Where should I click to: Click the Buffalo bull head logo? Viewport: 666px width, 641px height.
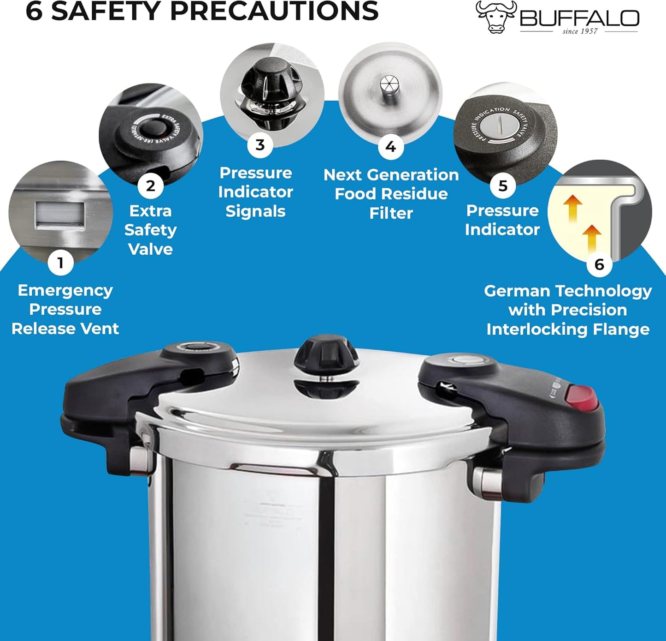(495, 17)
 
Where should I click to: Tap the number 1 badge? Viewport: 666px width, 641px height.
(60, 263)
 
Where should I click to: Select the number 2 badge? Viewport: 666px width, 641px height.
(150, 186)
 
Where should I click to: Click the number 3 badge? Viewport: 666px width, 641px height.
(260, 145)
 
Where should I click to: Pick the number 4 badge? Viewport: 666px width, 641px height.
(390, 147)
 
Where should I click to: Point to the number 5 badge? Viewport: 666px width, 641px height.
(503, 186)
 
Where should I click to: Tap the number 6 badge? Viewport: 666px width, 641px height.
(599, 264)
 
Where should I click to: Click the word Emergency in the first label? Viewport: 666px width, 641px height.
(65, 291)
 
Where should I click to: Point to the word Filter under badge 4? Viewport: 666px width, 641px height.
(391, 213)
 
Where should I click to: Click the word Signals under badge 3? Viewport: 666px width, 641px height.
(255, 211)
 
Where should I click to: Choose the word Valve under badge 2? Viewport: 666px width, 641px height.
(150, 249)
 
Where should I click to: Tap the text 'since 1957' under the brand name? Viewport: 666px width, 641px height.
(580, 31)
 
